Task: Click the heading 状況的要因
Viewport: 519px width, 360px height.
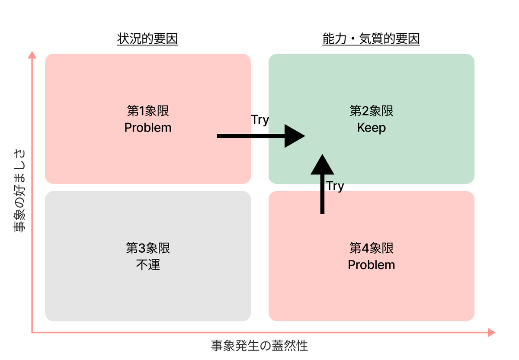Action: [147, 39]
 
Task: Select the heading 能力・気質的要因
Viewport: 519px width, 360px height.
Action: [371, 39]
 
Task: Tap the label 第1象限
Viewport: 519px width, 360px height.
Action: [148, 111]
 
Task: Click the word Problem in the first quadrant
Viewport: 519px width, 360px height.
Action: [148, 128]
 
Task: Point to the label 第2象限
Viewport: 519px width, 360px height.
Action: [372, 111]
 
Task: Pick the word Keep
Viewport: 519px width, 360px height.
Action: [372, 128]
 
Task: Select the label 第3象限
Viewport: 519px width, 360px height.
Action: [148, 248]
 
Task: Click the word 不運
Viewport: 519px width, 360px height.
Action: [148, 264]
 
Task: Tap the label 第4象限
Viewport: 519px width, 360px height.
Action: [372, 248]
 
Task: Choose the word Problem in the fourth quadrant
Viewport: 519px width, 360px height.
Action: [372, 264]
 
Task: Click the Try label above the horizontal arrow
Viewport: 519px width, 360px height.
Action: [260, 120]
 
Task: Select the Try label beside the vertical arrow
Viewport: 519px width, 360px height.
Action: [335, 186]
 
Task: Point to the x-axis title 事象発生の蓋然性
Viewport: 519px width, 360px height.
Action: [259, 346]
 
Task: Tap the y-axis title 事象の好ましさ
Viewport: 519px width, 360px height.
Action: [20, 190]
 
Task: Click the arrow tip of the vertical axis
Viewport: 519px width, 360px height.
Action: [32, 55]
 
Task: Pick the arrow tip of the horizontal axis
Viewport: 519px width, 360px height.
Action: [492, 332]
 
